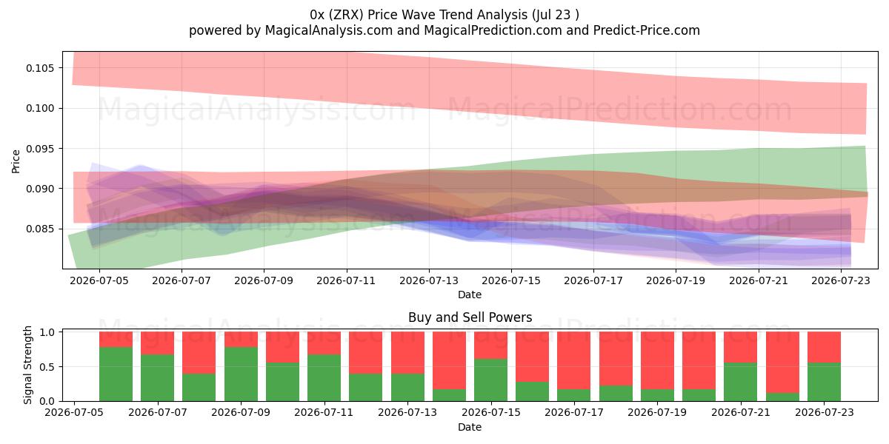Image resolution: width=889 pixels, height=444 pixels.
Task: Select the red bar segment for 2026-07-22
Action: point(782,363)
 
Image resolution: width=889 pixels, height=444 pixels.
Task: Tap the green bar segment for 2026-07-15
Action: point(490,380)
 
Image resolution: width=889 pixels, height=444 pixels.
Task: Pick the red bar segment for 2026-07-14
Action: point(449,360)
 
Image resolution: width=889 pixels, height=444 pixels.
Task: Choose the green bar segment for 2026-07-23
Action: point(824,382)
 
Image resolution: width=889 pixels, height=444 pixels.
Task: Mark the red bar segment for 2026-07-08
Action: point(199,353)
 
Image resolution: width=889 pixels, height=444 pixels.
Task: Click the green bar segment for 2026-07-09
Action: point(241,374)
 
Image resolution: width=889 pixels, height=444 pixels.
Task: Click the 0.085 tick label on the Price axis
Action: point(40,229)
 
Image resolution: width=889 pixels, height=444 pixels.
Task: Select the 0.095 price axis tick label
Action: point(40,149)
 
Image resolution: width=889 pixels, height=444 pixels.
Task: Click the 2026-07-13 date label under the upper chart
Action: point(429,280)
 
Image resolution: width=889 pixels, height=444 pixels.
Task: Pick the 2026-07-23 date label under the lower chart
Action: point(825,412)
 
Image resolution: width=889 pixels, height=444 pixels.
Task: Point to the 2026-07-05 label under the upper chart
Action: point(99,280)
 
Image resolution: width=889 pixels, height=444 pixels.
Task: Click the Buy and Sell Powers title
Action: point(470,317)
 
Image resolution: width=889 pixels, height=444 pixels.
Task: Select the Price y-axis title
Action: point(16,161)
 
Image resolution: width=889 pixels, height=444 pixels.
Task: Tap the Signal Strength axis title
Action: point(27,365)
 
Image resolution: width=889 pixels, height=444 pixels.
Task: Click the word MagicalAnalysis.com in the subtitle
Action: point(329,30)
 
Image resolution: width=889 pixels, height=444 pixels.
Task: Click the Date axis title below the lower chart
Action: point(470,427)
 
